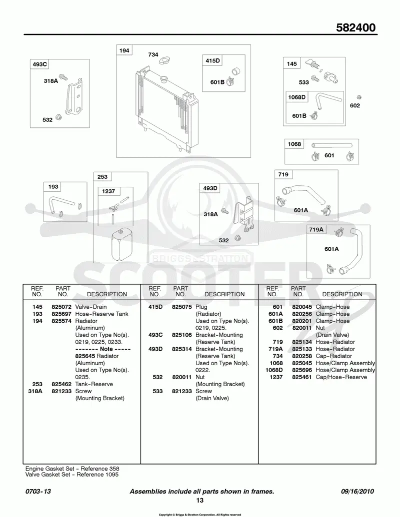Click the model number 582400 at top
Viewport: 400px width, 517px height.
click(x=356, y=27)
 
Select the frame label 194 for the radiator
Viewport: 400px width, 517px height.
click(x=124, y=50)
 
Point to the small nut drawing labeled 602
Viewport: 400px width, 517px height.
click(x=359, y=97)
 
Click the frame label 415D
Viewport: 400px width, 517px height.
click(x=212, y=60)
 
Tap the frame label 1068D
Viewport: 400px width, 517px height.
click(x=296, y=97)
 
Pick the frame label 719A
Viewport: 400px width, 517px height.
click(x=316, y=229)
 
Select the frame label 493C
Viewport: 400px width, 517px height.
click(x=39, y=64)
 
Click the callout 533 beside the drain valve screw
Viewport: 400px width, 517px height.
click(x=303, y=82)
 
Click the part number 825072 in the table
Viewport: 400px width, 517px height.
click(x=61, y=307)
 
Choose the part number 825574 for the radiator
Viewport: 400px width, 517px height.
click(x=61, y=321)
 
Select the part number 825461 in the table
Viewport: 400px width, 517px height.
click(x=301, y=377)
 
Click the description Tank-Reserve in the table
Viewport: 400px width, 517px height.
click(x=94, y=384)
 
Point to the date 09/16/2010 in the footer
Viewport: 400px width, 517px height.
click(x=357, y=492)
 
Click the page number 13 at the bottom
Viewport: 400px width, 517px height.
click(x=199, y=501)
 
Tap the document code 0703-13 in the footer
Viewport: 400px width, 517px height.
click(x=38, y=492)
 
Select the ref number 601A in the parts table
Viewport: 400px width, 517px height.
click(x=275, y=314)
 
